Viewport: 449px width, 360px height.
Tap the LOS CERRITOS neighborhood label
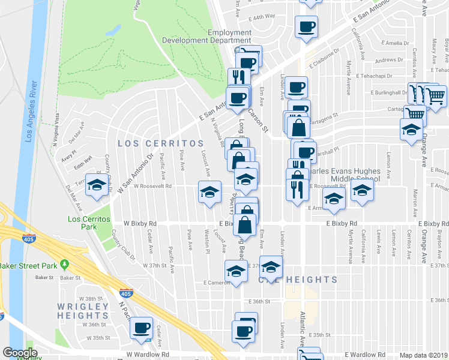click(x=160, y=143)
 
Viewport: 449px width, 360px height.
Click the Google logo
click(x=20, y=352)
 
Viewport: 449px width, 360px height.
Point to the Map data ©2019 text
click(x=423, y=355)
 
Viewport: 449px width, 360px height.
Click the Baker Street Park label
click(x=29, y=265)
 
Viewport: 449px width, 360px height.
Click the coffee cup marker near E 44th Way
click(x=306, y=26)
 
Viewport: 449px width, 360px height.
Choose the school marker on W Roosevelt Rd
click(x=209, y=192)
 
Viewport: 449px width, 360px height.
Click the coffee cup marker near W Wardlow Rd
click(x=142, y=328)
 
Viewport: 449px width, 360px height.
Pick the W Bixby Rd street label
click(x=140, y=223)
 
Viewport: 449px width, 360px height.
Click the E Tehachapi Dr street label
click(x=373, y=76)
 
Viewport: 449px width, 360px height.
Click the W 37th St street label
click(x=154, y=265)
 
